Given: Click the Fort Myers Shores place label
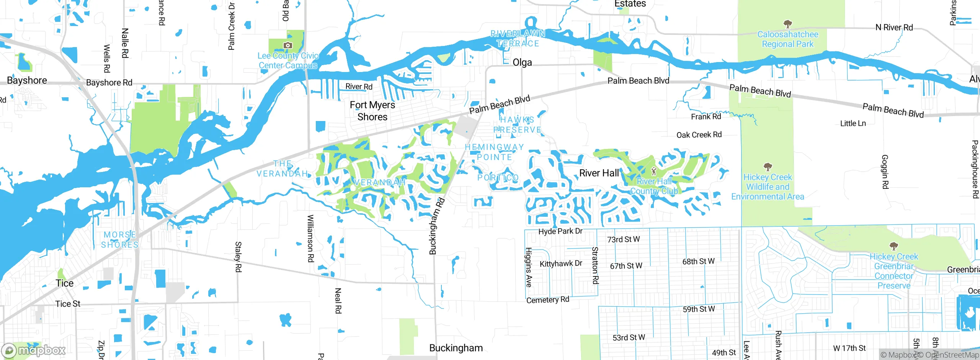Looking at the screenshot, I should point(372,111).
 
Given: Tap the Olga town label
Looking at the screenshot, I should point(522,62).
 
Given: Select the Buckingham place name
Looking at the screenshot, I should point(456,348).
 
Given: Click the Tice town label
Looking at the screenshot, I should point(64,283).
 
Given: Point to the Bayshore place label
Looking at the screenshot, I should point(27,80).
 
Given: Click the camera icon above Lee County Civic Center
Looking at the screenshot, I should point(287,46).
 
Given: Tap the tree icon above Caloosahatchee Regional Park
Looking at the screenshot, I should point(787,24).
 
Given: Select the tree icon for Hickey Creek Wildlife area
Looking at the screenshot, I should point(768,167).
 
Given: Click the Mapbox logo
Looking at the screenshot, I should point(34,350).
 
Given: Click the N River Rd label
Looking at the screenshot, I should point(894,28).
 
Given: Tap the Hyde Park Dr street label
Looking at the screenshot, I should point(560,231).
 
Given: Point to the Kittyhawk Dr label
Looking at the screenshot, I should point(560,263).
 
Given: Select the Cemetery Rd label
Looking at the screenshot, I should point(547,300).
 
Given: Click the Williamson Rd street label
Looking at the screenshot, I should point(310,238).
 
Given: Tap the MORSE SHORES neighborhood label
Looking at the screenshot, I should point(120,240).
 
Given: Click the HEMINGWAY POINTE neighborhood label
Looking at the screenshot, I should point(494,152).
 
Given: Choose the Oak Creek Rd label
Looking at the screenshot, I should point(699,135).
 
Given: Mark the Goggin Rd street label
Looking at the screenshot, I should point(885,171).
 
